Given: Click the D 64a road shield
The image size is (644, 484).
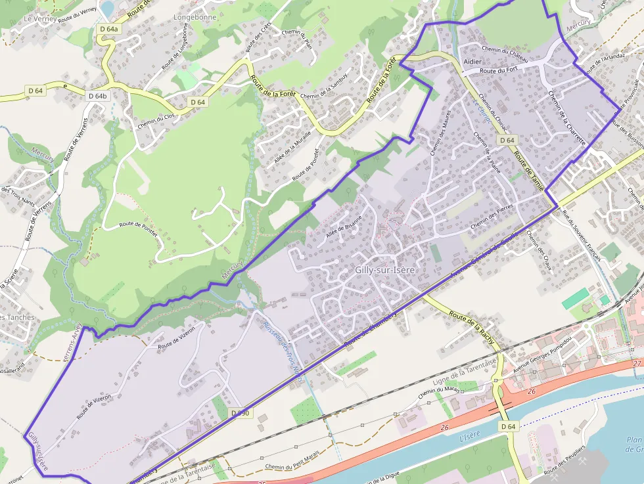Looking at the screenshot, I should [x=110, y=30].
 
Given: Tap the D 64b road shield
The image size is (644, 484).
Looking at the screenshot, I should [x=97, y=96].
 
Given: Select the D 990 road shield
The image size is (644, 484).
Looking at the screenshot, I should [x=241, y=413].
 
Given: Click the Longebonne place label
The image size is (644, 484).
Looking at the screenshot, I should [x=194, y=17].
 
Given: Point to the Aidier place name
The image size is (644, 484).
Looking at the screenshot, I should [x=472, y=60].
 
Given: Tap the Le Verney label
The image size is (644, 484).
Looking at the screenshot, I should [x=37, y=19].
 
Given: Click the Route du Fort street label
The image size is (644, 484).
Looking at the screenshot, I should [x=499, y=70].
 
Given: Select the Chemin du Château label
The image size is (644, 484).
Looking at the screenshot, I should [x=504, y=49].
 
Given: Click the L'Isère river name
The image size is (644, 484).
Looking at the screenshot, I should [x=471, y=437].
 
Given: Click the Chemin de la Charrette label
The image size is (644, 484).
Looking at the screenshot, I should [x=566, y=117].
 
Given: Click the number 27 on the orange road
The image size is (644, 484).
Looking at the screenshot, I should [x=637, y=363].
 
